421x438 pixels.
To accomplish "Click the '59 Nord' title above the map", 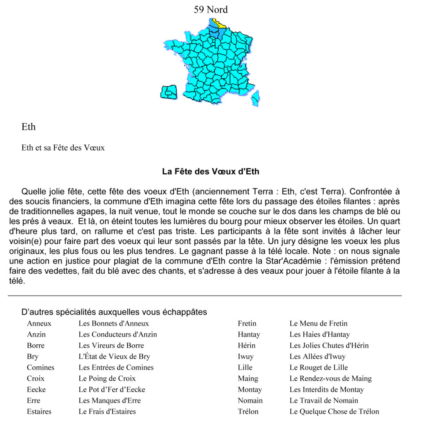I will [210, 9].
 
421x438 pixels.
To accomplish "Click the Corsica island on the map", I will [255, 98].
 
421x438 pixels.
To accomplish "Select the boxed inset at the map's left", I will [169, 92].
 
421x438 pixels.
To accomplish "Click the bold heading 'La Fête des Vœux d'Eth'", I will [210, 172].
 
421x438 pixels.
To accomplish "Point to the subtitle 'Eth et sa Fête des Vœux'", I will [63, 148].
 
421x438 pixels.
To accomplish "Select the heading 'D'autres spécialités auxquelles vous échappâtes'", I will [114, 312].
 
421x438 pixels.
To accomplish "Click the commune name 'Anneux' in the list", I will [39, 323].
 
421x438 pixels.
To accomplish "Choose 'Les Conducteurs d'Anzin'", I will [117, 334].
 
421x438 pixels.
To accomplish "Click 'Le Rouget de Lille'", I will [319, 367].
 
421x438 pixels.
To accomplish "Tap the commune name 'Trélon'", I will [248, 411].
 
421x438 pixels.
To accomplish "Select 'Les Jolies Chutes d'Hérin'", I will [329, 346].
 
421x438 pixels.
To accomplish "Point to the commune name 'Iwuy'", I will [246, 356].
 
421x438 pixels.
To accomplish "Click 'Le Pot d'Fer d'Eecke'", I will [112, 390].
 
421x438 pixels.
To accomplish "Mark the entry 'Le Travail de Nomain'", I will [324, 401].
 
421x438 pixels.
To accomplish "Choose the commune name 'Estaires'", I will [39, 411].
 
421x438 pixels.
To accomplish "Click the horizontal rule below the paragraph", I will [205, 296].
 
